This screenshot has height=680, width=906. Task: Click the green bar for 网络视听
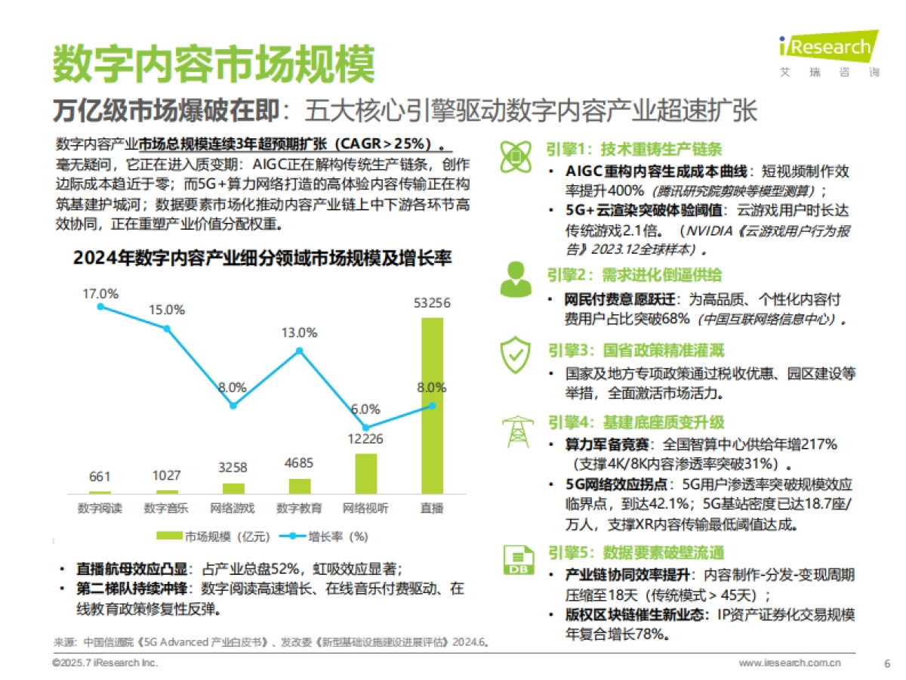pyautogui.click(x=365, y=474)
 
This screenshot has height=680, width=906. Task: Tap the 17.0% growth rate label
pyautogui.click(x=100, y=293)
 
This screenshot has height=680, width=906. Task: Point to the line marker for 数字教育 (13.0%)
pyautogui.click(x=300, y=351)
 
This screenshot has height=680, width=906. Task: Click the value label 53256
pyautogui.click(x=432, y=303)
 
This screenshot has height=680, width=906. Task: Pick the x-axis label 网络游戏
pyautogui.click(x=233, y=508)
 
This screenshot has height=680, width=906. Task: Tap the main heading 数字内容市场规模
pyautogui.click(x=213, y=64)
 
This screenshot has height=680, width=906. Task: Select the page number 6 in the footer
pyautogui.click(x=886, y=663)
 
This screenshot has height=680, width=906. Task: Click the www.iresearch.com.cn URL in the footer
pyautogui.click(x=789, y=663)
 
